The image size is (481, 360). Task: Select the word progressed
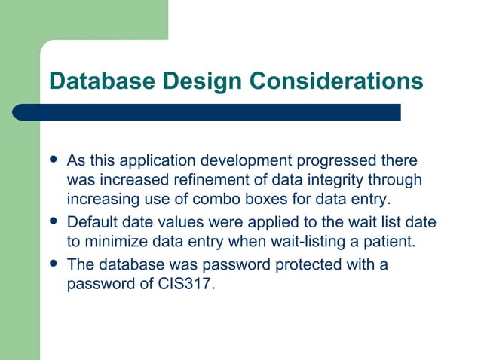pos(335,162)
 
